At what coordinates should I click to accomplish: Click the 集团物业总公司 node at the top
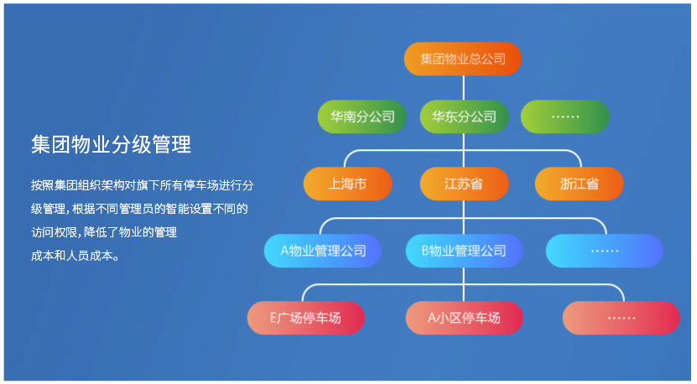click(x=462, y=59)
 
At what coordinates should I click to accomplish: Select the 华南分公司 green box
click(x=362, y=117)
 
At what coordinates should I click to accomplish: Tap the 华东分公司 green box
click(x=464, y=117)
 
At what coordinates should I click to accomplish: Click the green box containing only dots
click(x=565, y=117)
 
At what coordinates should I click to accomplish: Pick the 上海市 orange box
click(x=347, y=184)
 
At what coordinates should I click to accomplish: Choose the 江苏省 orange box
click(x=464, y=184)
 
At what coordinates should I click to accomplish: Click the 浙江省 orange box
click(x=580, y=184)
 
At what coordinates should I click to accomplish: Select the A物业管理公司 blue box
click(x=323, y=251)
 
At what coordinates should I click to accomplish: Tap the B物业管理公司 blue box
click(x=464, y=251)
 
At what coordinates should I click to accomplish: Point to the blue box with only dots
click(x=605, y=251)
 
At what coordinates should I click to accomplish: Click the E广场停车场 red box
click(x=306, y=318)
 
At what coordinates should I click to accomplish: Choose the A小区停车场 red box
click(x=464, y=318)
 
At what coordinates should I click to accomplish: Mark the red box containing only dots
click(x=621, y=318)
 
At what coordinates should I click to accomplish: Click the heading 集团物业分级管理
click(x=111, y=144)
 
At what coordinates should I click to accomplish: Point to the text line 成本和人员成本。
click(x=75, y=256)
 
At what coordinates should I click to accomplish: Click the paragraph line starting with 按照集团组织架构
click(x=143, y=185)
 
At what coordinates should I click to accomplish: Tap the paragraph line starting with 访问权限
click(x=104, y=232)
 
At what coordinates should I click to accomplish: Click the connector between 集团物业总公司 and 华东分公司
click(x=464, y=88)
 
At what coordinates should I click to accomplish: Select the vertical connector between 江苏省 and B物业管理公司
click(x=464, y=217)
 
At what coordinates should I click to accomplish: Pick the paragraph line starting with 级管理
click(x=139, y=209)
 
